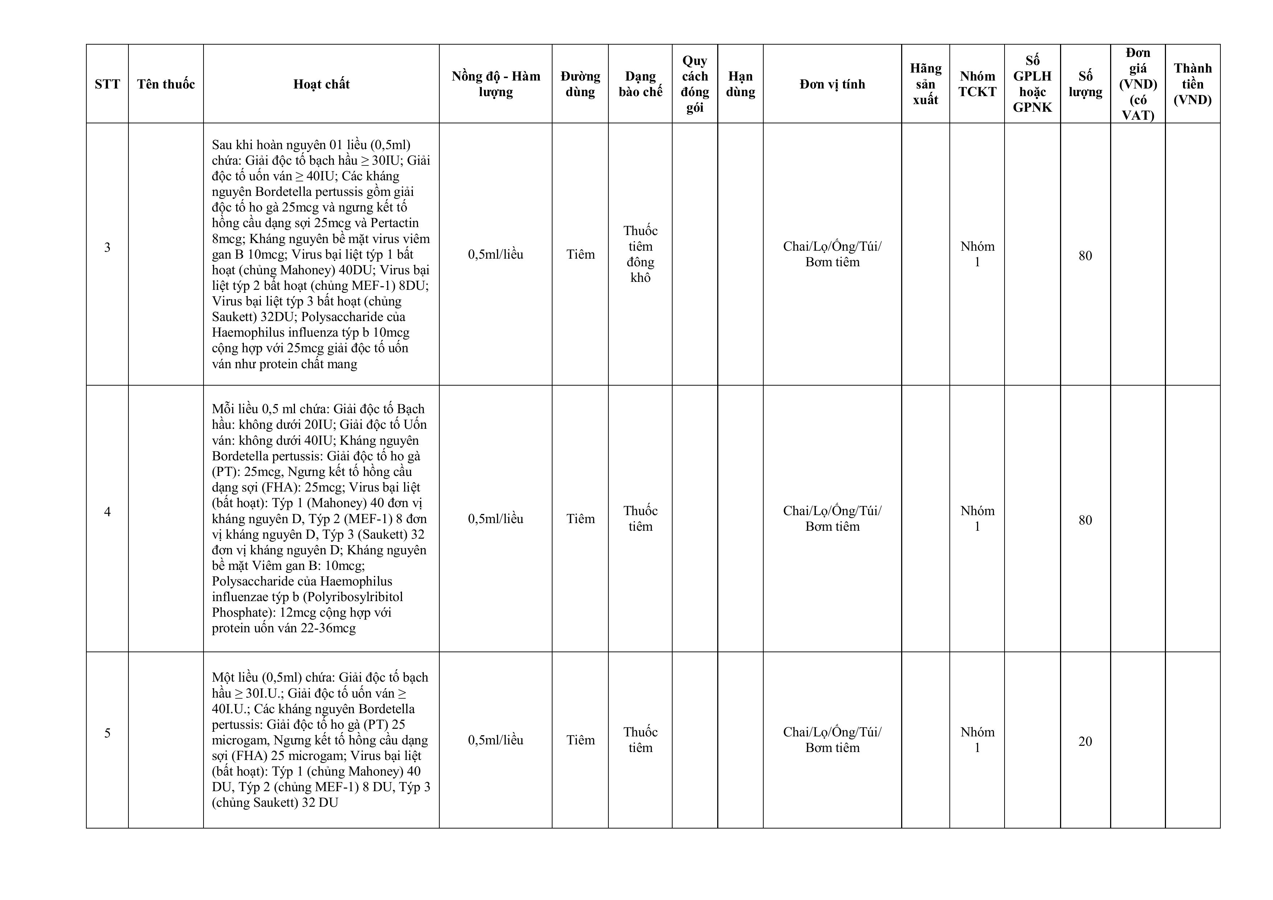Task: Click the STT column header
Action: (107, 84)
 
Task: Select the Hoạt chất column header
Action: (321, 84)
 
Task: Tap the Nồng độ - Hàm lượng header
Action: (495, 84)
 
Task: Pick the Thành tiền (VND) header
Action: (1192, 84)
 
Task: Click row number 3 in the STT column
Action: (107, 247)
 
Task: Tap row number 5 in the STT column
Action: (107, 733)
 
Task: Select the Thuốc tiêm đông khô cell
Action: (640, 254)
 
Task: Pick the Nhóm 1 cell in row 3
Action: (977, 254)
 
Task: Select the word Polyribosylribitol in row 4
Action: (353, 597)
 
